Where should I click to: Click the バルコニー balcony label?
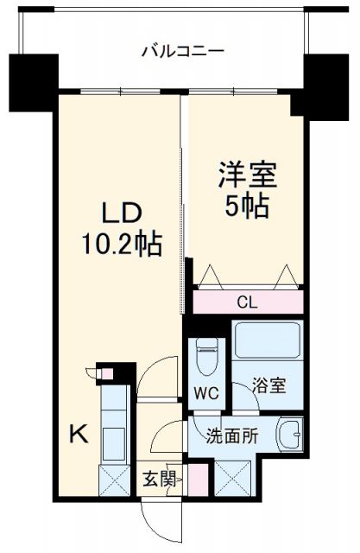click(182, 51)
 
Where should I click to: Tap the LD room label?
click(122, 213)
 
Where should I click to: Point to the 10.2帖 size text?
click(122, 245)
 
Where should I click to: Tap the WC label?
click(206, 391)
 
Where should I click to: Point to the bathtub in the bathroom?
click(267, 341)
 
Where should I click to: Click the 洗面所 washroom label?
click(231, 435)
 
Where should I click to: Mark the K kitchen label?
click(77, 435)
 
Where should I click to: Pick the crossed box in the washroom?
click(232, 478)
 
